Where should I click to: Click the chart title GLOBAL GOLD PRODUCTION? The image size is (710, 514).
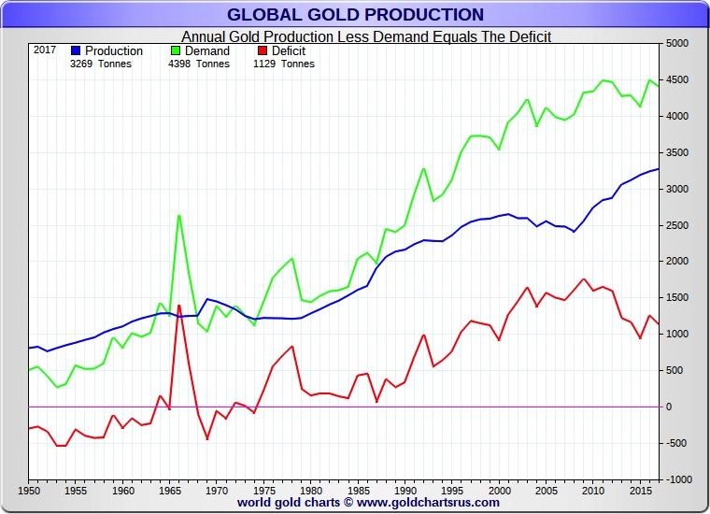click(x=355, y=14)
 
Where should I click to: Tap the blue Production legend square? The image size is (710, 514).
click(x=76, y=50)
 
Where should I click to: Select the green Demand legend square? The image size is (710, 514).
click(x=176, y=50)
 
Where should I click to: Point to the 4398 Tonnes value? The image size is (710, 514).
click(x=198, y=64)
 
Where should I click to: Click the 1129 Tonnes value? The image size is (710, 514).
click(x=284, y=64)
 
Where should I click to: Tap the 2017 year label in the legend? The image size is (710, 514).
click(x=45, y=50)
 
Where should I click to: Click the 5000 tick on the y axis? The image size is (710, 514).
click(x=677, y=43)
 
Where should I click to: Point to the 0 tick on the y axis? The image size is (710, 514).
click(x=670, y=407)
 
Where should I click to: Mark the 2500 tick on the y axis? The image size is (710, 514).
click(x=677, y=225)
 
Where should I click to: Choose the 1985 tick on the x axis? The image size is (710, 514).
click(x=358, y=490)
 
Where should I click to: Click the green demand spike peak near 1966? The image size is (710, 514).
click(x=178, y=216)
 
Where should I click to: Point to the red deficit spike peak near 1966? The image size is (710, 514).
click(x=178, y=306)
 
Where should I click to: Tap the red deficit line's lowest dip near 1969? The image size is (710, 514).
click(x=207, y=438)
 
